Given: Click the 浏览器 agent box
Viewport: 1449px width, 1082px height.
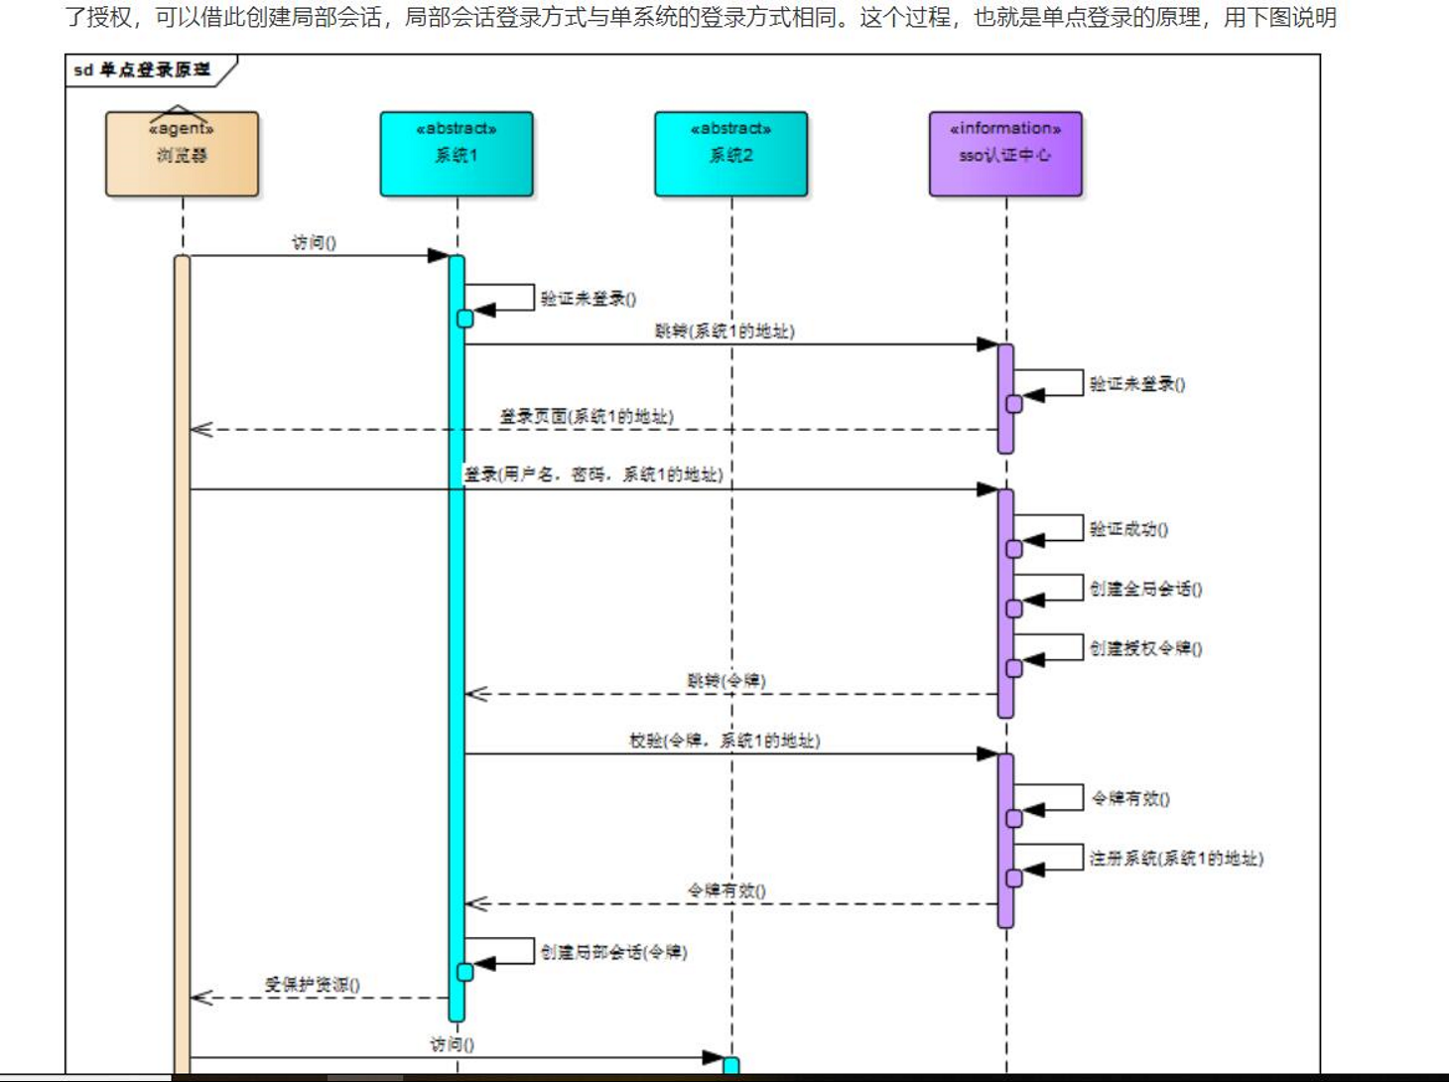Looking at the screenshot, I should coord(182,154).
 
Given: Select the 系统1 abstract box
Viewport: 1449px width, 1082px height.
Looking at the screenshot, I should coord(457,154).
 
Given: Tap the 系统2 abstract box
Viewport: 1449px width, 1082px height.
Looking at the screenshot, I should coord(730,154).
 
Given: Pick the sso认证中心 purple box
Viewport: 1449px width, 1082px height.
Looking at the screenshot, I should coord(1005,154).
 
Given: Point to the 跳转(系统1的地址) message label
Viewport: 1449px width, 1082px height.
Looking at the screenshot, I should coord(724,332).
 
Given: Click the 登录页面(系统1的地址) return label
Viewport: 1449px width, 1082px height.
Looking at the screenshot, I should coord(586,417).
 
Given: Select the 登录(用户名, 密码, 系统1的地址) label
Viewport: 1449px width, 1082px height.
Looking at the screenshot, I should coord(593,475).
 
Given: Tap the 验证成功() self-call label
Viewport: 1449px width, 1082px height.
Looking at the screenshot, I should coord(1128,530).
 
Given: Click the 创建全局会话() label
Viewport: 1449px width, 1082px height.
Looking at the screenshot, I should coord(1145,590).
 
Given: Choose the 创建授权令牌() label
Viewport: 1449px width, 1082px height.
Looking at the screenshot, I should coord(1145,649).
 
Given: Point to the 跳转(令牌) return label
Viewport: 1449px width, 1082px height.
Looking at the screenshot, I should coord(726,681).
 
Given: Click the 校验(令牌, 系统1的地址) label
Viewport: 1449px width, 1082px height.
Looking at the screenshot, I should coord(724,741).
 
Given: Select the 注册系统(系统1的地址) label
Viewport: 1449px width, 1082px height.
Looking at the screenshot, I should coord(1176,859).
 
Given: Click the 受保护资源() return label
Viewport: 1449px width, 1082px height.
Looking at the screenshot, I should coord(312,985).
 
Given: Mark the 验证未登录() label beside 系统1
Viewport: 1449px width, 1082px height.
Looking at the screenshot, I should coord(588,299).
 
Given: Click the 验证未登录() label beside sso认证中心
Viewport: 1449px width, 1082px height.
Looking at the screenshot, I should coord(1136,384).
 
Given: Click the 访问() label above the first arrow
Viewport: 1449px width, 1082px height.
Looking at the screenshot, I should coord(314,243).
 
